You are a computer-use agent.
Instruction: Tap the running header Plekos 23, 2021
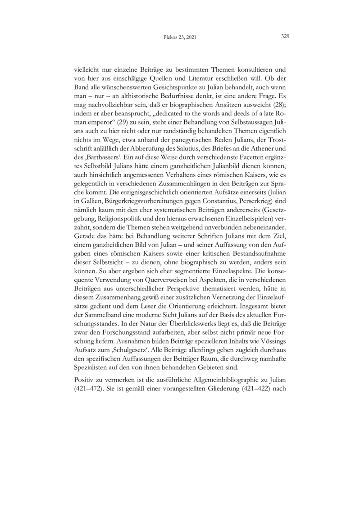pos(179,38)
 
